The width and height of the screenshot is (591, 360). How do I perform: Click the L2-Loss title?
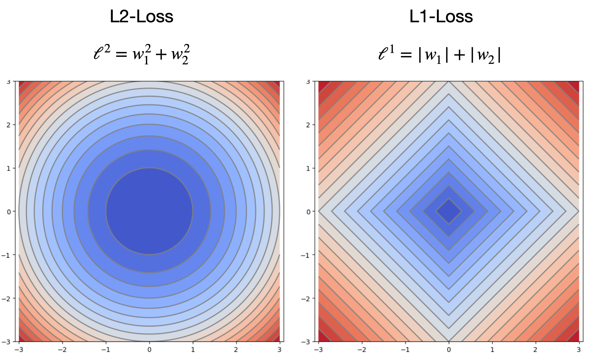141,16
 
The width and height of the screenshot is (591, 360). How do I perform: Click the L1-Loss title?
441,16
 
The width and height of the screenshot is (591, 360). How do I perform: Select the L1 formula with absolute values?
440,54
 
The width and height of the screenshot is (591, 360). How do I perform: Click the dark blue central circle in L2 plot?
149,211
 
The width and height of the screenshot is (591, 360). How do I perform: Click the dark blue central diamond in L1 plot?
449,211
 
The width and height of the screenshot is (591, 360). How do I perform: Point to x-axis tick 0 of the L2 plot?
149,350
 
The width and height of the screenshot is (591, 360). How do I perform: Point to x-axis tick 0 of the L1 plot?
449,350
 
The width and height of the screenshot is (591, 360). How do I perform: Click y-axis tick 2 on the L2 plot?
9,125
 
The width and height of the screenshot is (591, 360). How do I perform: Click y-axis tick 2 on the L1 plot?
308,125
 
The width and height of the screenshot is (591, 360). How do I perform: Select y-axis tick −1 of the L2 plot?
7,255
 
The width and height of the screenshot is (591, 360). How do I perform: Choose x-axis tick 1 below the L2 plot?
193,350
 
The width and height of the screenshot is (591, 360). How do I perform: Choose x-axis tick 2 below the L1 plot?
535,350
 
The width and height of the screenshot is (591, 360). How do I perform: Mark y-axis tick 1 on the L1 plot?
308,168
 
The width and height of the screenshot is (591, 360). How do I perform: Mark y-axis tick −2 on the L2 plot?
7,299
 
